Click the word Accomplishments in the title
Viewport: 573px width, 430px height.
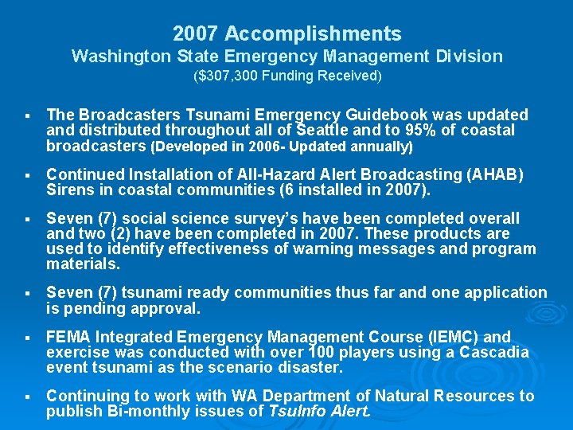point(313,34)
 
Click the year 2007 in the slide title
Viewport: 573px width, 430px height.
point(196,34)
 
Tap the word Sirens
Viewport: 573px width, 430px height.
point(69,190)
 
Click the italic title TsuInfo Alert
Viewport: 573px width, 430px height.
point(318,412)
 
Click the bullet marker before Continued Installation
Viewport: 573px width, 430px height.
point(28,175)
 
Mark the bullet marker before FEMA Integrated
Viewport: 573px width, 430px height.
point(28,338)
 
